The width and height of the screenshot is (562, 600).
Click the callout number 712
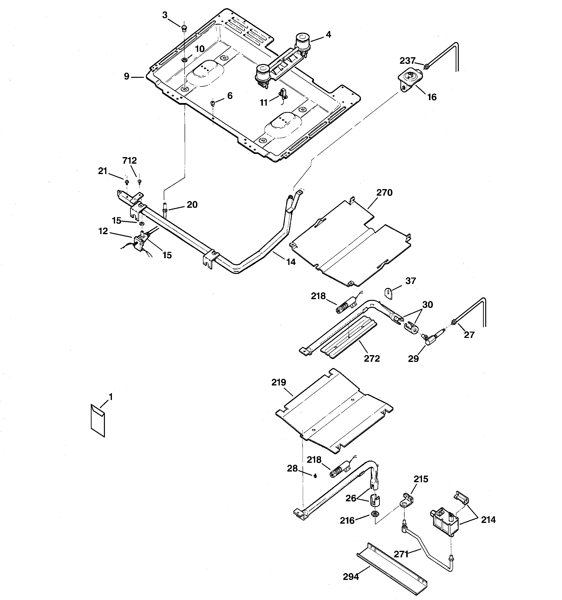click(129, 160)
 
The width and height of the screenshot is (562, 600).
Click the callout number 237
click(407, 61)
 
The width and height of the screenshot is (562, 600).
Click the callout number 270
click(384, 192)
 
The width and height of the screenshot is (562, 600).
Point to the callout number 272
click(372, 359)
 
